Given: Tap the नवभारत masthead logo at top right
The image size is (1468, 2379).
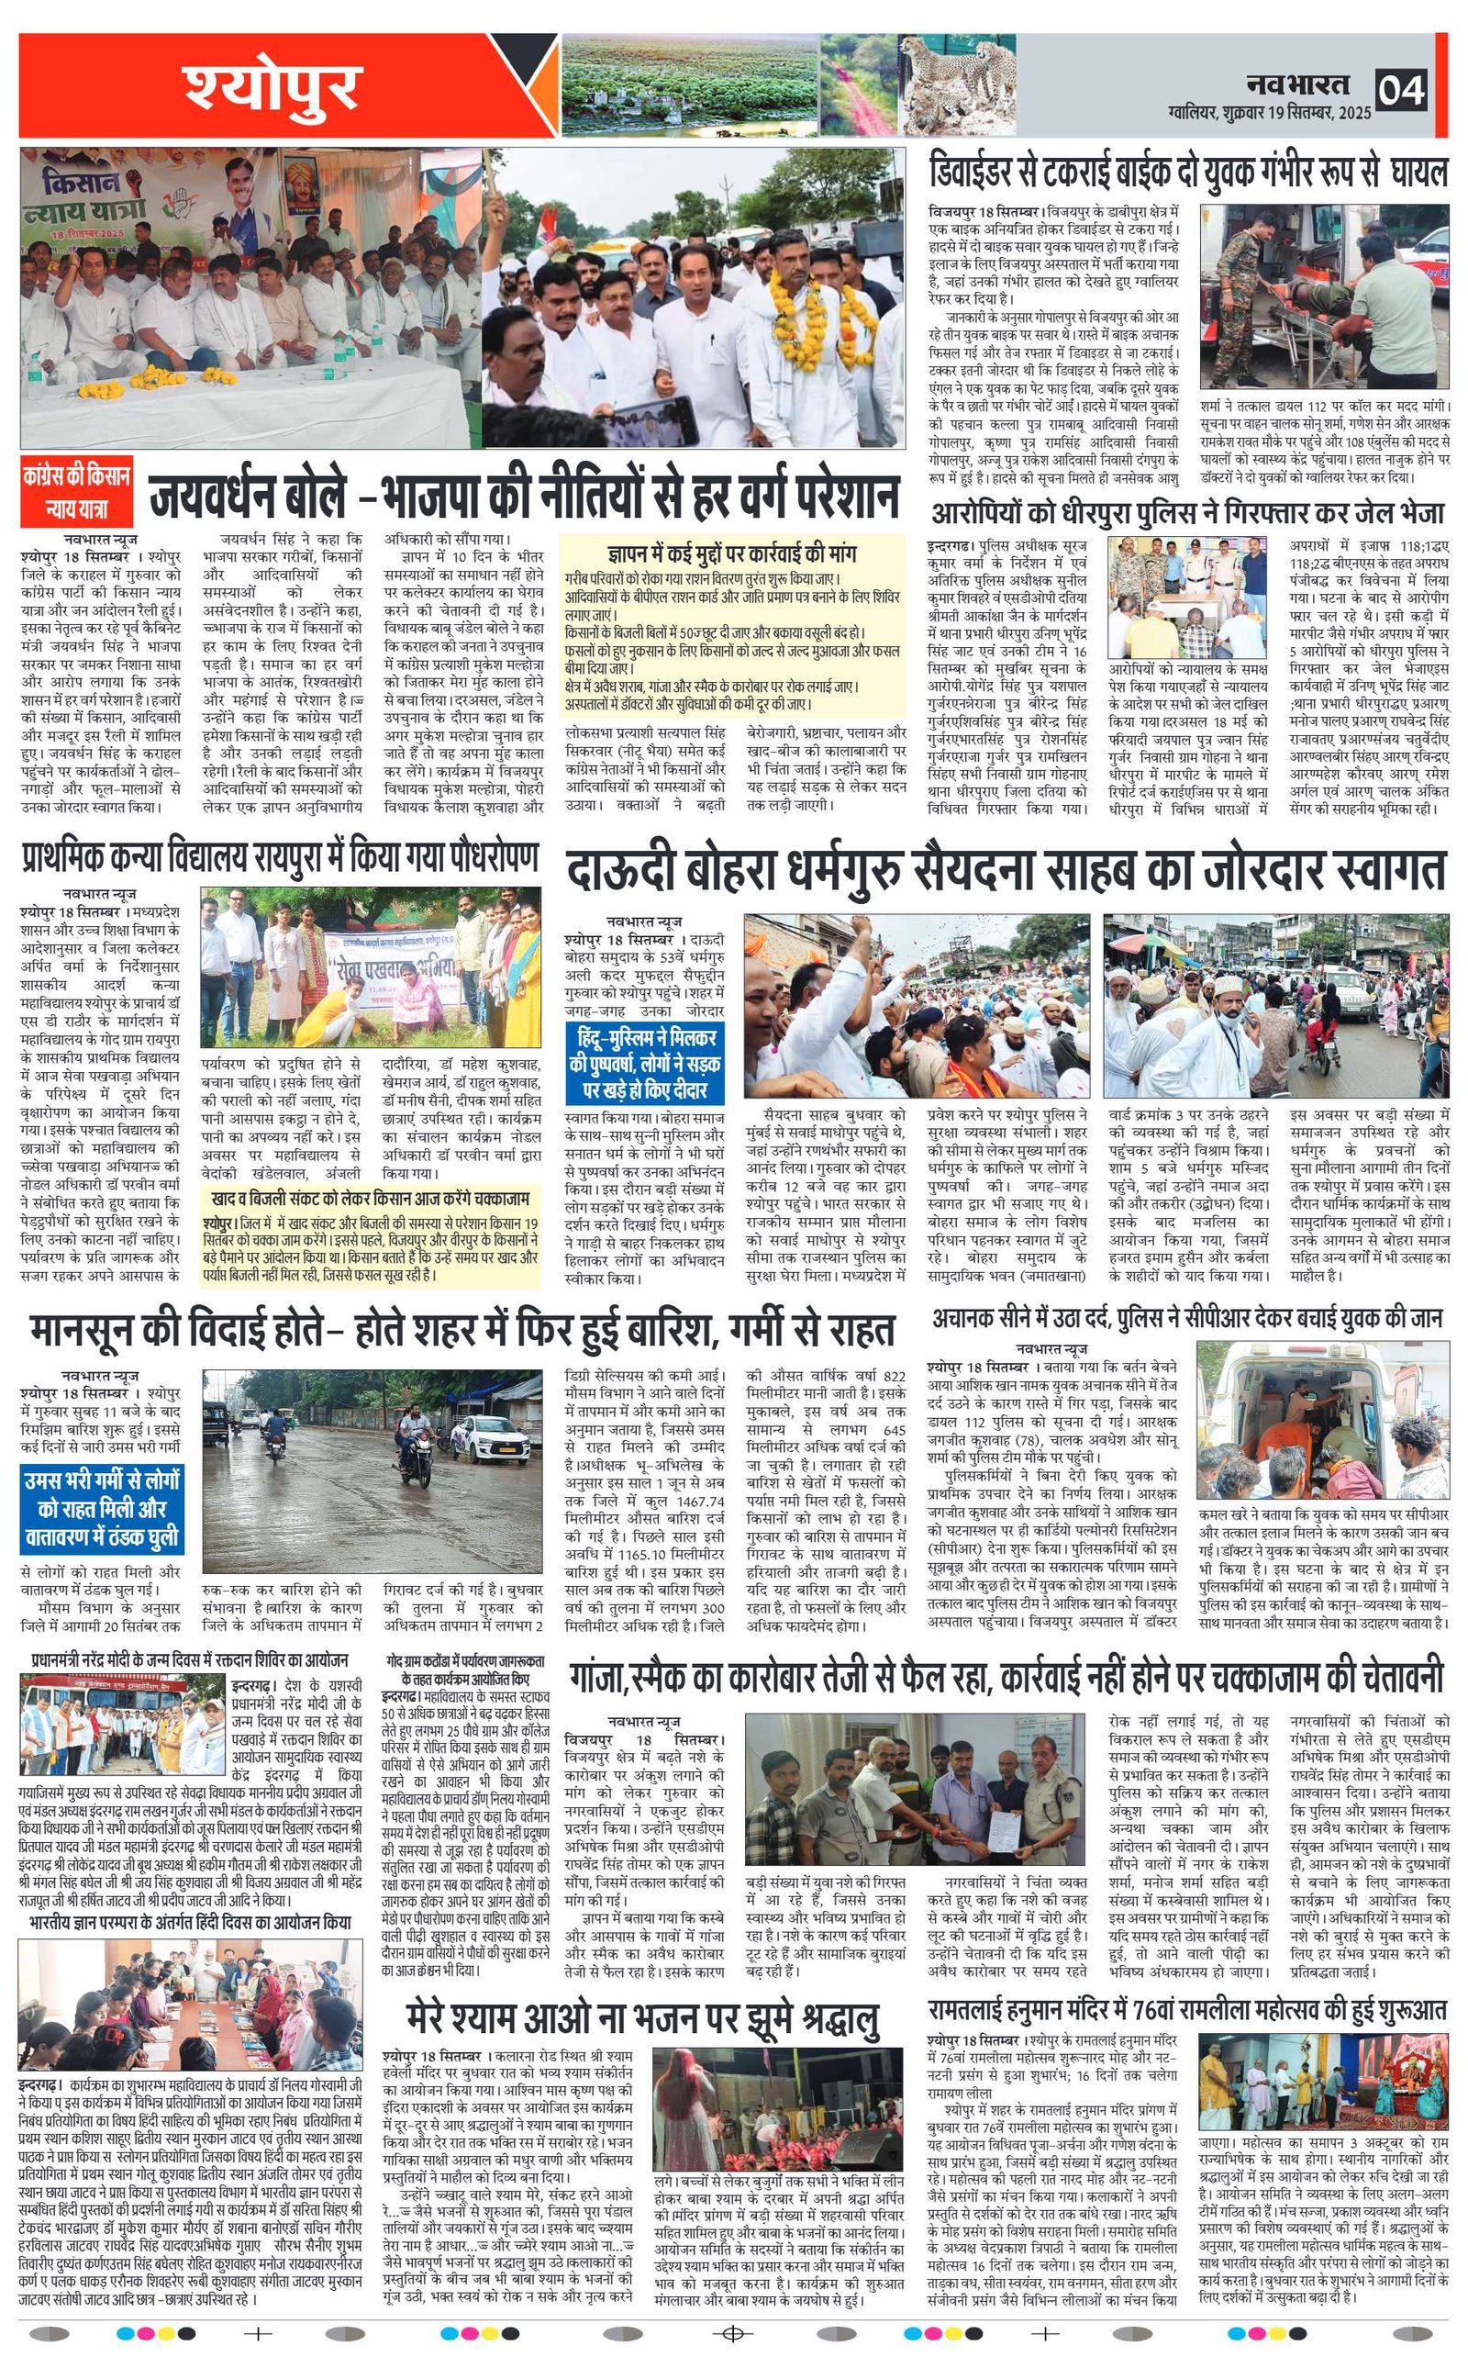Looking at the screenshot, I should click(x=1298, y=84).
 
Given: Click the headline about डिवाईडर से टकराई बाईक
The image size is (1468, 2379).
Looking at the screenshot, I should click(x=1185, y=172).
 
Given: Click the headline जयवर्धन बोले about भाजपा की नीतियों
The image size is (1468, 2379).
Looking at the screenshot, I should click(x=524, y=497).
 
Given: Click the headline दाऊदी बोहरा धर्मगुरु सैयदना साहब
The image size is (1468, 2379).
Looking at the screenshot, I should click(x=1006, y=871).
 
